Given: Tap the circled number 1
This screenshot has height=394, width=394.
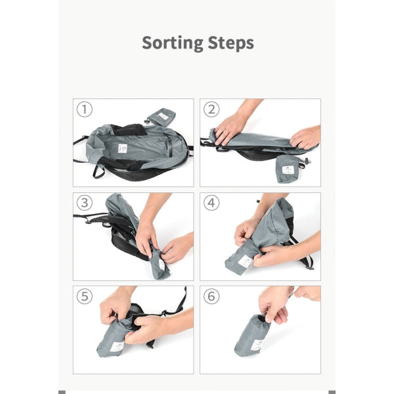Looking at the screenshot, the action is coord(85,109).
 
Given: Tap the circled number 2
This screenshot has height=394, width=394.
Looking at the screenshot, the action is coord(211,109).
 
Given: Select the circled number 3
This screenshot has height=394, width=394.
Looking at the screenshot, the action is coord(85,203).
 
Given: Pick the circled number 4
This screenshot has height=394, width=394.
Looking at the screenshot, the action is coord(211,203).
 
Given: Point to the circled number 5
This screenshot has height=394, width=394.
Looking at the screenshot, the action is coord(85,296).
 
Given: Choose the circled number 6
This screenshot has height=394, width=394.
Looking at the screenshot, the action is coord(211,296).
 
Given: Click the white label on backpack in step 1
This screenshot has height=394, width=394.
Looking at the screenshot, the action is coord(123,148).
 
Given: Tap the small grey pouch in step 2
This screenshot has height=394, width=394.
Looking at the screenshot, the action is coord(288,169).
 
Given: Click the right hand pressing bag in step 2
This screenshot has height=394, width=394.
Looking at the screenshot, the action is coord(306,138).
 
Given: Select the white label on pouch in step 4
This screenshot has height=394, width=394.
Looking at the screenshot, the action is coord(246,261).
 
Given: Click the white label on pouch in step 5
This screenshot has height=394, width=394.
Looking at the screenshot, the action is coord(117,347).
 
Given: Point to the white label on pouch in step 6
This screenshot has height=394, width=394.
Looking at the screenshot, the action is coord(257,345).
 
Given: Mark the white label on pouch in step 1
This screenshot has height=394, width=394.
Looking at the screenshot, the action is coord(164,116).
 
